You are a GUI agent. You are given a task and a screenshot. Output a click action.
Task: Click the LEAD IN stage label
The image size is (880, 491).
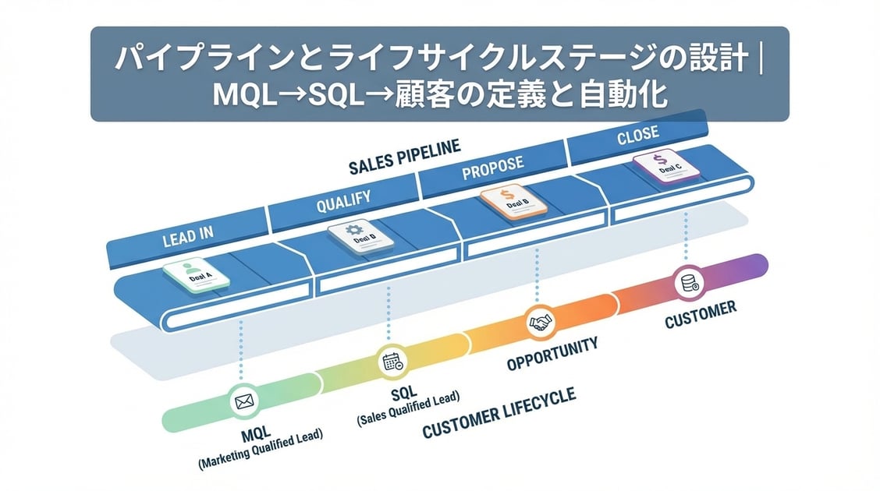187,237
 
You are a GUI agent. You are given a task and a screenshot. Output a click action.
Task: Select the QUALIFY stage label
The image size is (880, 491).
343,202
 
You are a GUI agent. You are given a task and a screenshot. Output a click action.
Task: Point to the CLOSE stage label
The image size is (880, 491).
637,137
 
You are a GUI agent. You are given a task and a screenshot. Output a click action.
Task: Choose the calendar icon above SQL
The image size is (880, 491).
391,362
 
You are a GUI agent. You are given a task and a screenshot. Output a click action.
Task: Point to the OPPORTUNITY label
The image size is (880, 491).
552,353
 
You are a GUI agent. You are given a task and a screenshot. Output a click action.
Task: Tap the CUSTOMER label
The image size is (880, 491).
700,313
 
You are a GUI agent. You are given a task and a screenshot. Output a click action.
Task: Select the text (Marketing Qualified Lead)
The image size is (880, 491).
261,450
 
